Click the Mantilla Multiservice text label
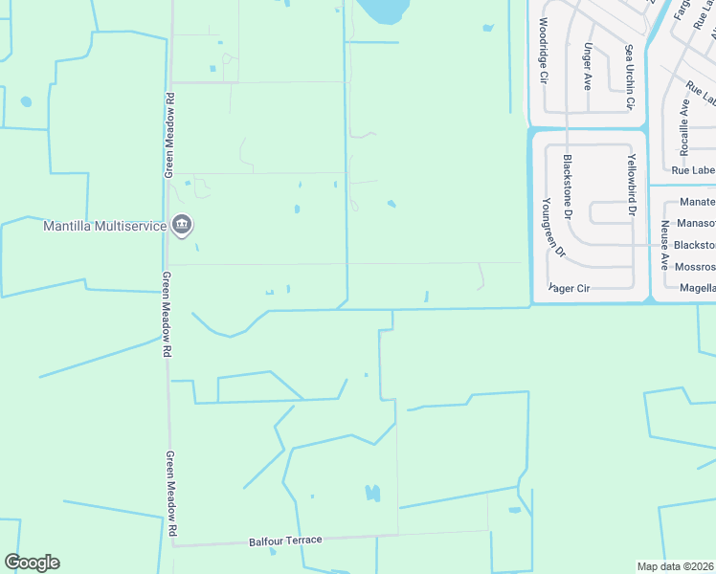click(104, 227)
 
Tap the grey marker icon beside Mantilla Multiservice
click(183, 226)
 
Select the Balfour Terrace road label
click(286, 541)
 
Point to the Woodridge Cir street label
click(543, 47)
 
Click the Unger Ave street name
click(587, 65)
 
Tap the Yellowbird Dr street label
click(630, 181)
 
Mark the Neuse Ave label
click(663, 244)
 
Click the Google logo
click(32, 563)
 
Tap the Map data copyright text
click(676, 566)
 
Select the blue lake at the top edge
click(382, 11)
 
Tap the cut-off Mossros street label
click(695, 267)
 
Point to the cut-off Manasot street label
click(695, 223)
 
